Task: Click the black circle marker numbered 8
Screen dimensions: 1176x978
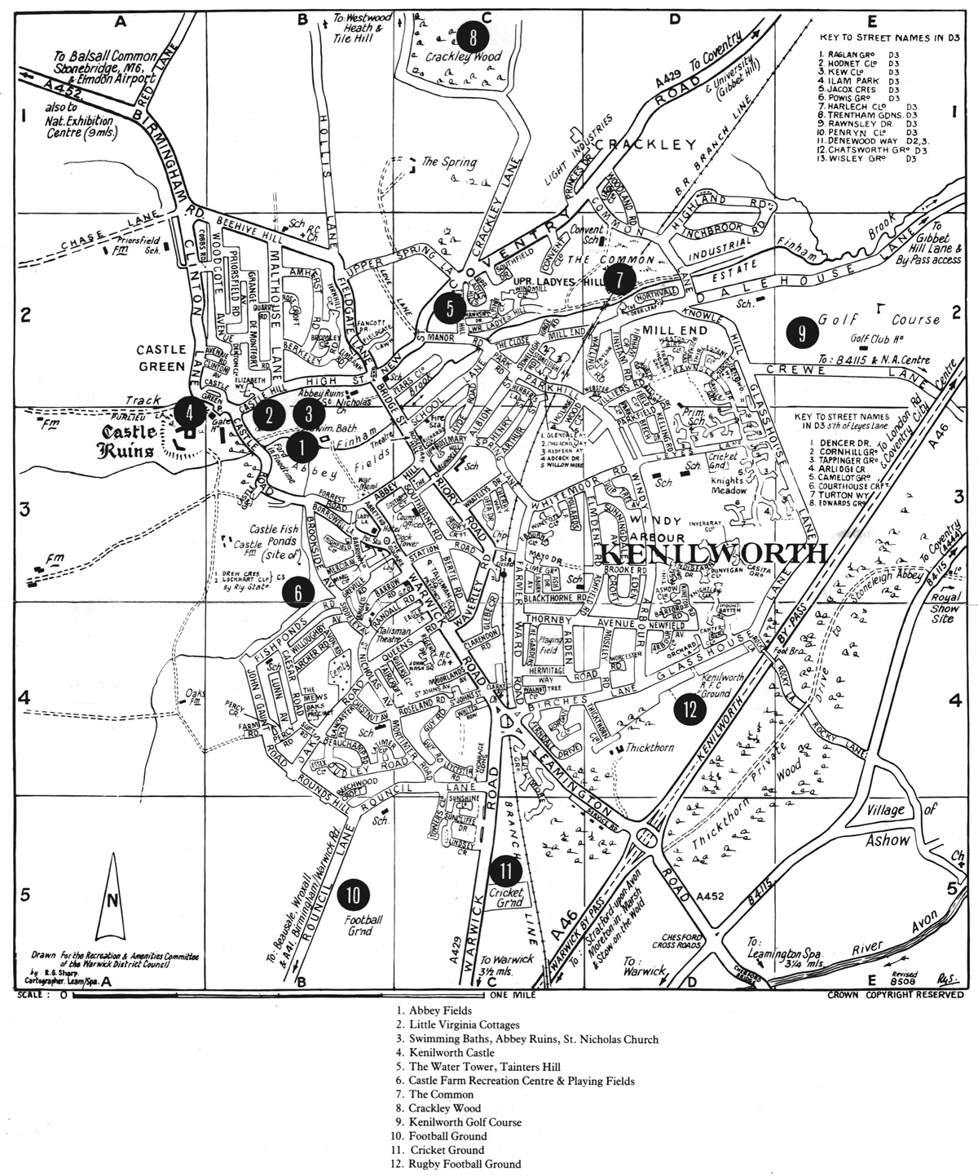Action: pos(472,37)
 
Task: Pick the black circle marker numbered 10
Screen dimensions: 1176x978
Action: pos(353,893)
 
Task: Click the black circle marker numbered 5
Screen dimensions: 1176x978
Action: pos(447,307)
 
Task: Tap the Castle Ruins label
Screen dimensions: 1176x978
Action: pos(130,439)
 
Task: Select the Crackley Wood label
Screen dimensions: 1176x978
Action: pos(465,57)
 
